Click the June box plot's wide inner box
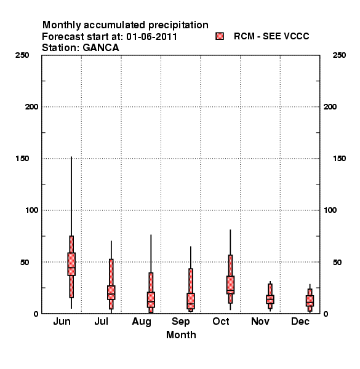click(71, 264)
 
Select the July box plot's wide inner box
click(111, 293)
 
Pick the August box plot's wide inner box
click(151, 300)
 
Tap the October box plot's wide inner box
click(230, 285)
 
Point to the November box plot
click(270, 296)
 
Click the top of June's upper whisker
click(71, 157)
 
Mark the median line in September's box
click(191, 304)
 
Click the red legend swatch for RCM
click(220, 36)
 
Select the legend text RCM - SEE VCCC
click(271, 36)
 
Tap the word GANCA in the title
click(101, 47)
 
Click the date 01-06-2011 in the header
click(151, 37)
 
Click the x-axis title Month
click(181, 335)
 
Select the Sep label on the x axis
click(180, 322)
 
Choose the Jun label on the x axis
click(62, 321)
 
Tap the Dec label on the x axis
click(300, 321)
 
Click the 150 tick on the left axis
click(22, 159)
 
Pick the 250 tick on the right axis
click(339, 55)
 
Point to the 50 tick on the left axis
click(25, 262)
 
